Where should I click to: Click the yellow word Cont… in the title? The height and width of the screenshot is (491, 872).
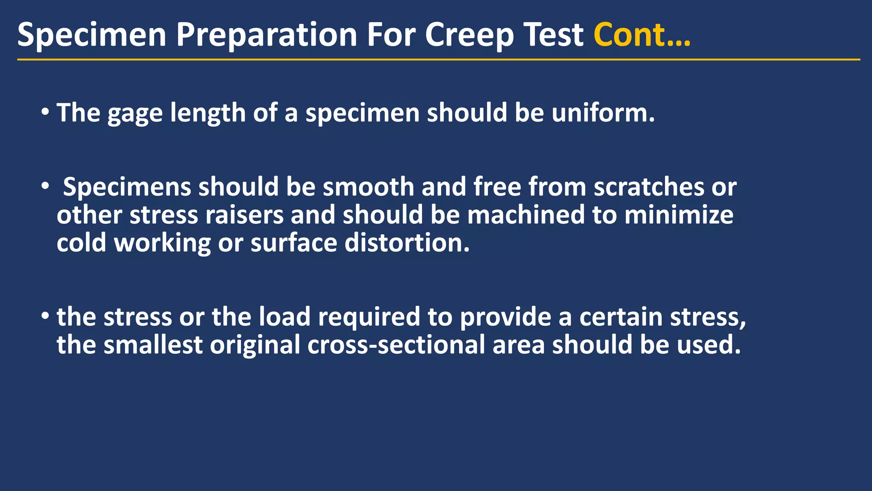(642, 35)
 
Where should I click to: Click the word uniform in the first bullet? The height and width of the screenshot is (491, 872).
(602, 113)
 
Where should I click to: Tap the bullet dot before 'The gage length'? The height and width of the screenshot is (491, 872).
(45, 113)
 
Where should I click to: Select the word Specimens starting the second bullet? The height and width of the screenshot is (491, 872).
(127, 188)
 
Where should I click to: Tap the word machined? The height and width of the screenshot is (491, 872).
(526, 215)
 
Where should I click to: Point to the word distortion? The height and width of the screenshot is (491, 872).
(407, 243)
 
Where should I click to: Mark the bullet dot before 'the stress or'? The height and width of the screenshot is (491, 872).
(45, 317)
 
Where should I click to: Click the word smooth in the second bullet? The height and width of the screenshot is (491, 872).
(368, 187)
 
